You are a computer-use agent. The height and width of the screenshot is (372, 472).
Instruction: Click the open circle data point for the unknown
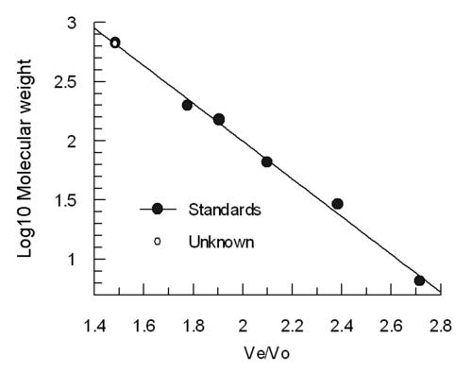[115, 42]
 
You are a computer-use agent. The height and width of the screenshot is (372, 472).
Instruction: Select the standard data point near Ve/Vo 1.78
[187, 105]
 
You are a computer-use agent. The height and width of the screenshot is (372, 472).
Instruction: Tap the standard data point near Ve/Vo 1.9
[219, 120]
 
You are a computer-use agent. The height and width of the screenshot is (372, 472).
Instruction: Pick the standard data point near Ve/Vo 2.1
[267, 162]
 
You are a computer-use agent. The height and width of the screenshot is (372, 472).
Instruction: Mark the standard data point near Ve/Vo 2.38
[337, 204]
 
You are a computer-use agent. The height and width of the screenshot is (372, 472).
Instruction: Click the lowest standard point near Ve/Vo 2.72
[419, 280]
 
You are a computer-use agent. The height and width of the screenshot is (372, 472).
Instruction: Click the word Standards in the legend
[225, 210]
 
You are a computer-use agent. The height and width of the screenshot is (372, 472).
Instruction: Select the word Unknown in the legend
[221, 242]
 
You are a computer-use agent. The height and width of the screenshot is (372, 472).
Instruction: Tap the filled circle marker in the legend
[157, 209]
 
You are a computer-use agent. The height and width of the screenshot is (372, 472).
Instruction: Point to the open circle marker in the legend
[157, 242]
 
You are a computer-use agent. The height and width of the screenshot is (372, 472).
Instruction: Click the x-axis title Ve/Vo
[267, 353]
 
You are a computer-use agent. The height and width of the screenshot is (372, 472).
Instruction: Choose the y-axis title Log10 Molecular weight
[25, 158]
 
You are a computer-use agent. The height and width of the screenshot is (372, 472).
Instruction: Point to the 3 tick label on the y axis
[72, 24]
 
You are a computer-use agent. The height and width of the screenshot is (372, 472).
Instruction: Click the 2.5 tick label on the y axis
[65, 82]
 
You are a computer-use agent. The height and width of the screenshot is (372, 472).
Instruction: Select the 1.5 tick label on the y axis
[66, 200]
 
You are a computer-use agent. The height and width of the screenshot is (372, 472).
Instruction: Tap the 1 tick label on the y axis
[73, 260]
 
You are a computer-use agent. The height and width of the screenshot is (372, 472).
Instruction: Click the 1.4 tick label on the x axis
[94, 326]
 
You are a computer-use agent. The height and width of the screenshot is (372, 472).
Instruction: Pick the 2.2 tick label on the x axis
[293, 326]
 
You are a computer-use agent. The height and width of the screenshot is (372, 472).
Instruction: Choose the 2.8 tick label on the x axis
[441, 326]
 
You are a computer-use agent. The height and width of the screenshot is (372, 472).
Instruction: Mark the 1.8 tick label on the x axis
[194, 326]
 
